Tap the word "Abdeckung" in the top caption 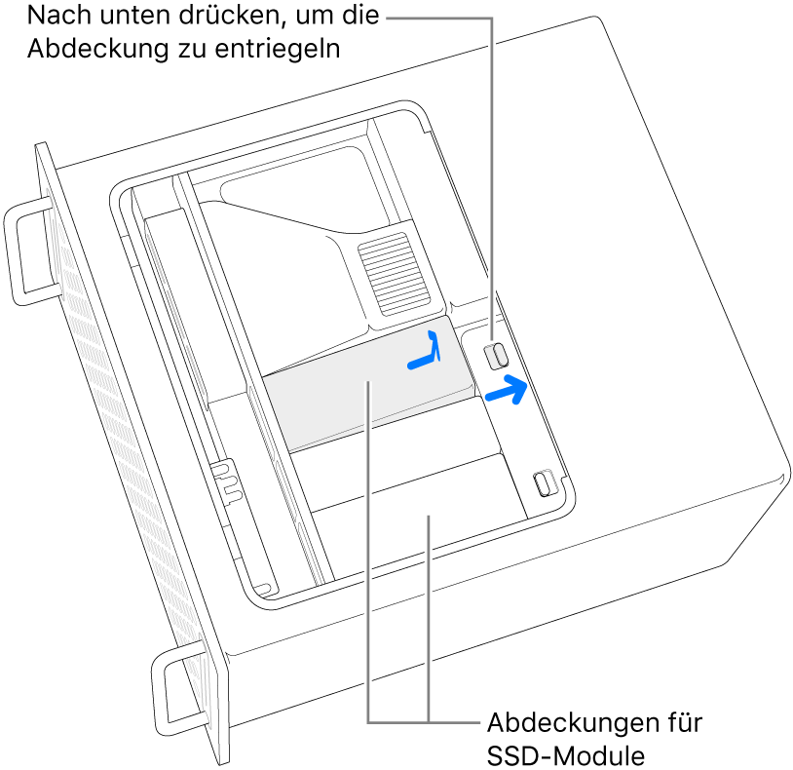97,50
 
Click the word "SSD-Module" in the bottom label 566,755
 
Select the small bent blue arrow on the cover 427,352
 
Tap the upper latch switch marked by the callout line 496,356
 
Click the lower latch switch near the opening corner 545,482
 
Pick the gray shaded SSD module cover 368,384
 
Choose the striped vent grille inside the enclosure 394,274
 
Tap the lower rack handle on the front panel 179,693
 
